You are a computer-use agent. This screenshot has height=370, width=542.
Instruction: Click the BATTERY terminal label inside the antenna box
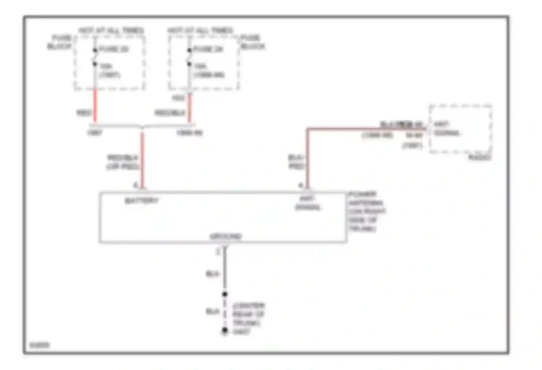pos(141,201)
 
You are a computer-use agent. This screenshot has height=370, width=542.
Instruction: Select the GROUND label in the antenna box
pos(225,237)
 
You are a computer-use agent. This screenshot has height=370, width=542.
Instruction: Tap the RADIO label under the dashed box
pos(479,158)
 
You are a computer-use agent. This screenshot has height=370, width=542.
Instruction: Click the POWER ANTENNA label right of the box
pos(367,211)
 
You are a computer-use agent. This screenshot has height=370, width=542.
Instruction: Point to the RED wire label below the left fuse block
pos(84,113)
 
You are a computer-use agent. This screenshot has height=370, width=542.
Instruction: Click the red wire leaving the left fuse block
pos(95,107)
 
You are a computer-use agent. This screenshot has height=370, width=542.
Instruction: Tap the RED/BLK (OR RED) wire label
pos(123,162)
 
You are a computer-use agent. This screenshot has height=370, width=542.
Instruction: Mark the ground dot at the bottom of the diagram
pos(225,330)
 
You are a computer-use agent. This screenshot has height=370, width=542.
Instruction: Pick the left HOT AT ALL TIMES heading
pos(111,30)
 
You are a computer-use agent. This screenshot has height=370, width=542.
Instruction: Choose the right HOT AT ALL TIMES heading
pos(200,30)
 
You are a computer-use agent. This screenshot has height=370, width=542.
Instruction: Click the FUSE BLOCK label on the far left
pos(60,42)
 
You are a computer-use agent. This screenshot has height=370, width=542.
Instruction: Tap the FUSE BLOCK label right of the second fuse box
pos(253,42)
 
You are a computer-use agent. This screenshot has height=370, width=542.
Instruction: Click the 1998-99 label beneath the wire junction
pos(189,133)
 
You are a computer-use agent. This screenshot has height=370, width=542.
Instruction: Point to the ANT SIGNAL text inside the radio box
pos(446,129)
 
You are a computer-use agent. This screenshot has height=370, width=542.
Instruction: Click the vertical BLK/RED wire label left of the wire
pos(296,162)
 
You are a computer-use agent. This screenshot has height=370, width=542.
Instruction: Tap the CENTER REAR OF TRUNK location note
pos(249,314)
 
